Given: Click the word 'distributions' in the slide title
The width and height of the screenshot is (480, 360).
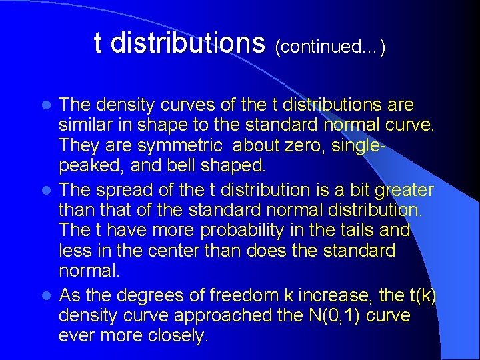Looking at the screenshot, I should [188, 44].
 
